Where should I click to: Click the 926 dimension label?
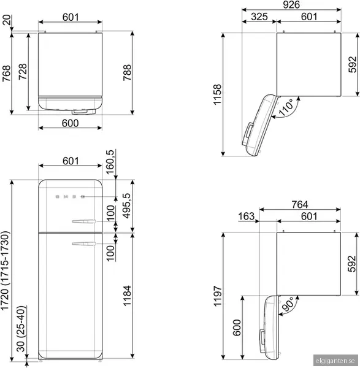coord(291,5)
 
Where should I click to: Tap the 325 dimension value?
coord(259,17)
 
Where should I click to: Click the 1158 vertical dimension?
coord(218,94)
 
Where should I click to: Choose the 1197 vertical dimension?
coord(218,296)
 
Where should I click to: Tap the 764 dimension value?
coord(300,204)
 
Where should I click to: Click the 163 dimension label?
coord(246,216)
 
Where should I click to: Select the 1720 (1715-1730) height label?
coord(5,271)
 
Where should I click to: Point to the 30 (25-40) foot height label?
coord(21,329)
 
